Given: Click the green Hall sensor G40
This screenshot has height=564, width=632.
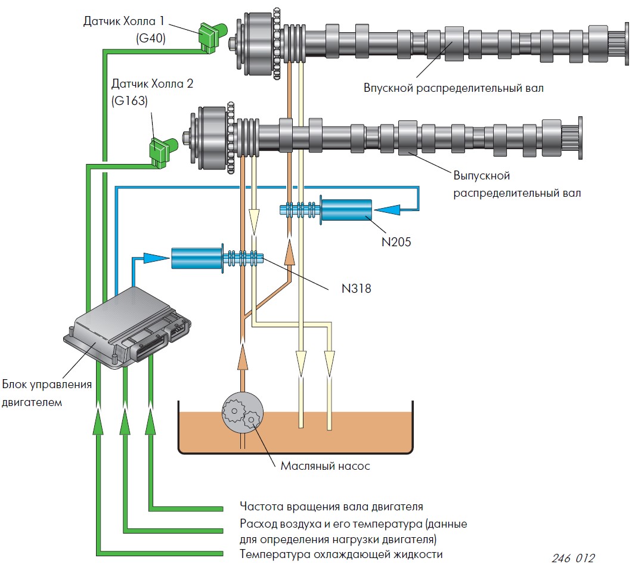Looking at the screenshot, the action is (x=212, y=37).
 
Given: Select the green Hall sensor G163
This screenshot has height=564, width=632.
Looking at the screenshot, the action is (x=163, y=151).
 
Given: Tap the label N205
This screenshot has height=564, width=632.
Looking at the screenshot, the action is (x=396, y=242).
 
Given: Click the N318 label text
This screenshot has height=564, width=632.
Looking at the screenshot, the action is (x=357, y=289).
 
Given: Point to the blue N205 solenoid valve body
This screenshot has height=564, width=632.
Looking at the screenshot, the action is (x=346, y=210).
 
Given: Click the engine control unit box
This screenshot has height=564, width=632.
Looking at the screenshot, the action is (x=128, y=326).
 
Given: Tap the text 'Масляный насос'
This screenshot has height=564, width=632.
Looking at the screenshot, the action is (x=325, y=466).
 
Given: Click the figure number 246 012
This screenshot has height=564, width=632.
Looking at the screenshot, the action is (x=573, y=557).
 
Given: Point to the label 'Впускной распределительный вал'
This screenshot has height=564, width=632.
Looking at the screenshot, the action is (x=454, y=88).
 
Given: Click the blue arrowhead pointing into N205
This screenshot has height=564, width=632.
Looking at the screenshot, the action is (x=388, y=210).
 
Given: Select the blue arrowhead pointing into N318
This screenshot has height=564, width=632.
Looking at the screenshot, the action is (x=156, y=258).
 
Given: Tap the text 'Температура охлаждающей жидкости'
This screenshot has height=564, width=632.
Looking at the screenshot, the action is (x=341, y=554).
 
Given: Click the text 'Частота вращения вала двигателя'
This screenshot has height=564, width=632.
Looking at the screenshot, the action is (x=332, y=507).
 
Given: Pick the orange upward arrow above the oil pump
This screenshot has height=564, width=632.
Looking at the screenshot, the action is (x=243, y=357).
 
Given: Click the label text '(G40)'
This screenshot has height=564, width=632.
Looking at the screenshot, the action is (x=151, y=38).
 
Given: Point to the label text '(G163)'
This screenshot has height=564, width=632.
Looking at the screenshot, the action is (x=129, y=101).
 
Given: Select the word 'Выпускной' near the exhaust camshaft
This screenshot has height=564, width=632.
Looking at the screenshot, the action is (x=482, y=176).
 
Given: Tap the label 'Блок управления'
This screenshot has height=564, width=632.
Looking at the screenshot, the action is (x=47, y=385).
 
